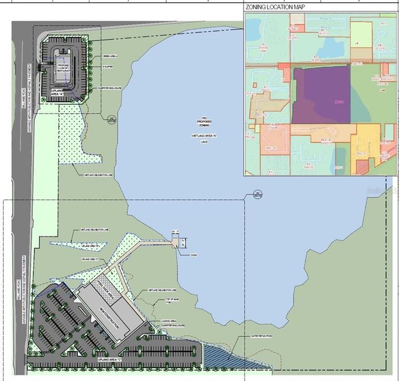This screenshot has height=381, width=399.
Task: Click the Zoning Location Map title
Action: [283, 7]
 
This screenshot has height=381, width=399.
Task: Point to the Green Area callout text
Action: [110, 56]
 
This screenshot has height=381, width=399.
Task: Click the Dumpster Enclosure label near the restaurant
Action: [113, 88]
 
